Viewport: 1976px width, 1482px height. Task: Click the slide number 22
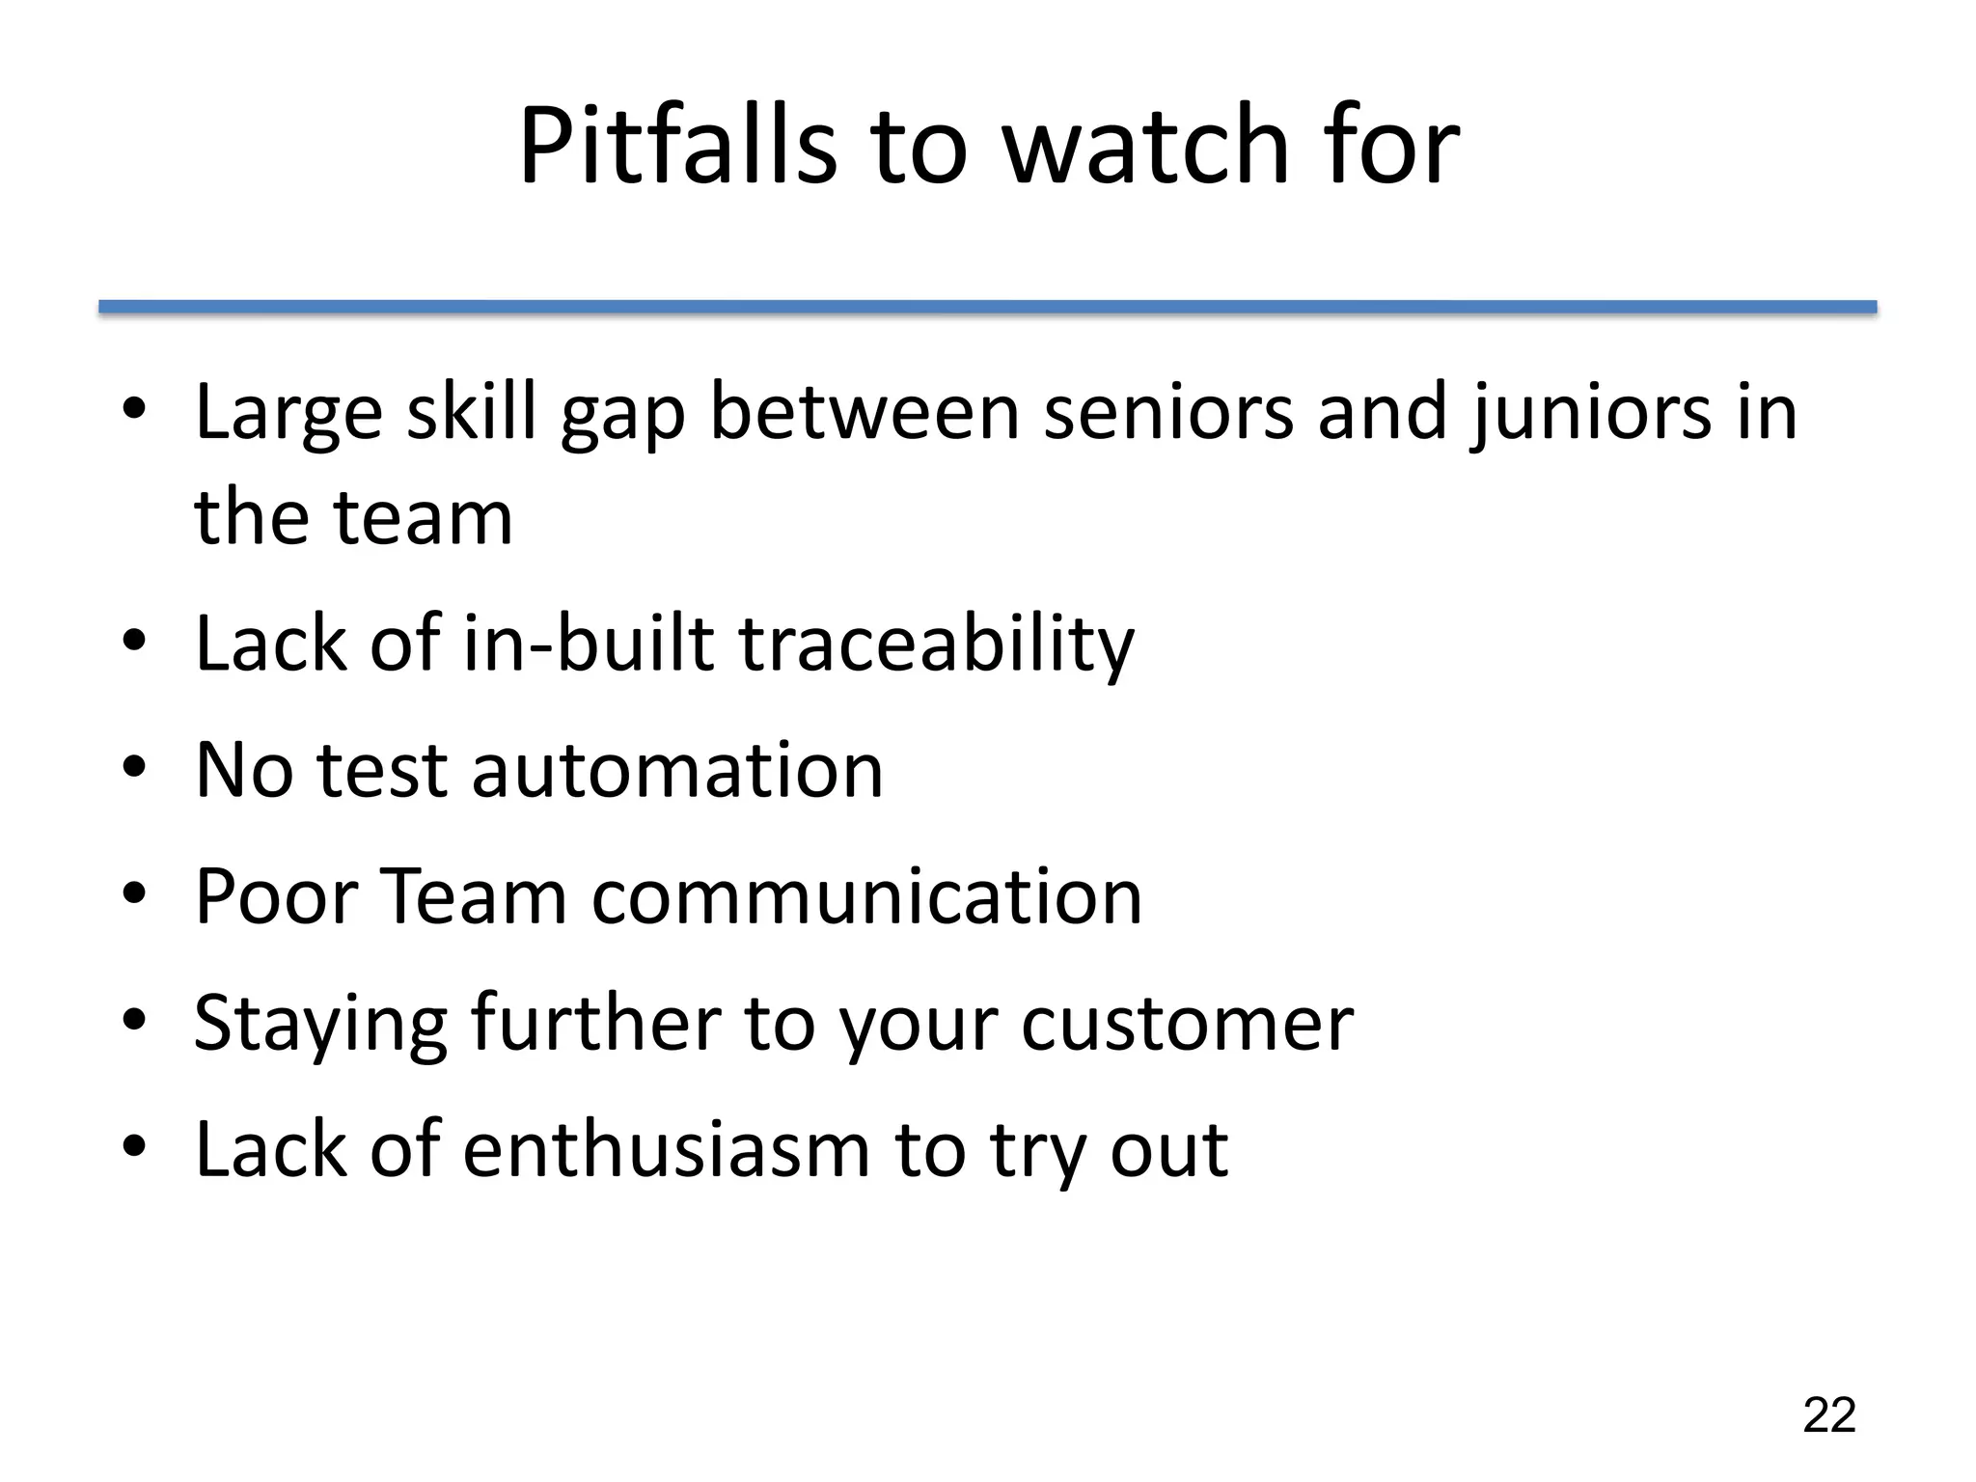coord(1828,1415)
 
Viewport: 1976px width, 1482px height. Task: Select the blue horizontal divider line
coord(987,307)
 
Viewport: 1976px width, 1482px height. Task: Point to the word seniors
coord(1168,412)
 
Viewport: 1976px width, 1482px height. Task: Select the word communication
coord(865,896)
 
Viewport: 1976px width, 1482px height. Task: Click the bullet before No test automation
coord(134,768)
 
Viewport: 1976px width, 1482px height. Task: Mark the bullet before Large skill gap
coord(134,410)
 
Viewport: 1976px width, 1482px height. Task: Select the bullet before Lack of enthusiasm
coord(134,1147)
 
